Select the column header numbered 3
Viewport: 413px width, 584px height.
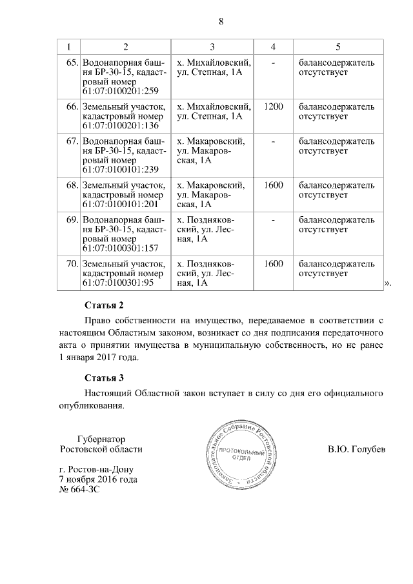[x=212, y=47]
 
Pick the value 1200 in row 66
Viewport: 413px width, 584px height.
[x=274, y=106]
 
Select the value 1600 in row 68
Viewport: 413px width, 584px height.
[x=274, y=185]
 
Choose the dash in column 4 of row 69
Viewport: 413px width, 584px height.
[x=274, y=220]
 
